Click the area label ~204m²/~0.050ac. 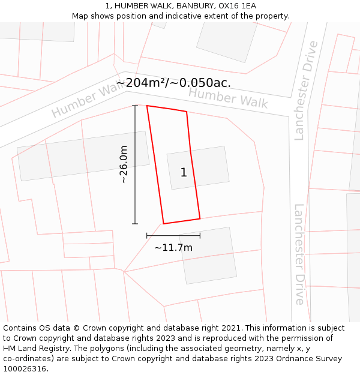173,83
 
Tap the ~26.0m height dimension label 123,164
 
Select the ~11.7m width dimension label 173,248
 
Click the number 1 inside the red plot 184,173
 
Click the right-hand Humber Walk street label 228,98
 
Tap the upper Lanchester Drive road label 305,90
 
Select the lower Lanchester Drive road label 299,254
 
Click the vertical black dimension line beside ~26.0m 135,164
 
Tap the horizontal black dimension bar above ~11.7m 173,236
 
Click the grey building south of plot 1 208,256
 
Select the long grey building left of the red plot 83,155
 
